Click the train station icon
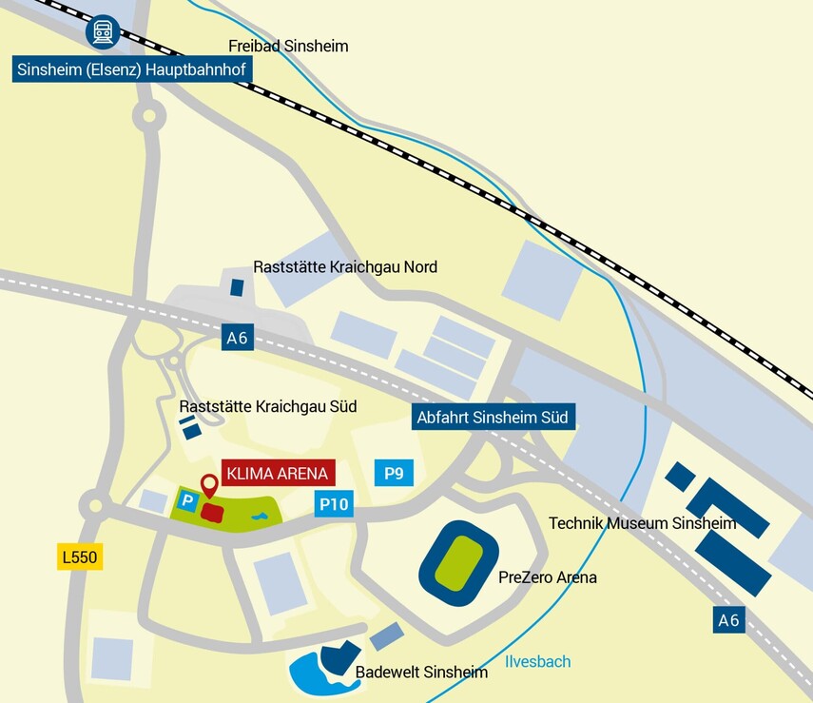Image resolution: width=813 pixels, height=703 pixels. tap(102, 31)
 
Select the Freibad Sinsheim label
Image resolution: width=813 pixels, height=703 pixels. tap(288, 46)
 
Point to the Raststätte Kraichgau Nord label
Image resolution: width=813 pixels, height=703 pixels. tap(345, 267)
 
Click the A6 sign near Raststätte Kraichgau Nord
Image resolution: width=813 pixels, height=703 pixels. tap(238, 337)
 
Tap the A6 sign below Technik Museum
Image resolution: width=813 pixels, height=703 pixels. tap(728, 620)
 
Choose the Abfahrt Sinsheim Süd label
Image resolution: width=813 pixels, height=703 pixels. tap(494, 418)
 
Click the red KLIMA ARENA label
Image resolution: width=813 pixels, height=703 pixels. tap(278, 473)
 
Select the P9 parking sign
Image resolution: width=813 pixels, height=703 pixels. tap(394, 472)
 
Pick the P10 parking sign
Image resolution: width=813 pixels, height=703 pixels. tap(334, 504)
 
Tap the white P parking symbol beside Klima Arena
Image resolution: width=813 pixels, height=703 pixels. tap(187, 500)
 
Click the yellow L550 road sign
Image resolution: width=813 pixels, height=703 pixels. tap(79, 557)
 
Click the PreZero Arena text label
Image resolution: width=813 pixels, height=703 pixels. tap(547, 577)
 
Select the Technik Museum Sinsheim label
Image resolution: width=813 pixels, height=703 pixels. tap(643, 523)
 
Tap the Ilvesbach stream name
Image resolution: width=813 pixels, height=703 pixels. tap(538, 661)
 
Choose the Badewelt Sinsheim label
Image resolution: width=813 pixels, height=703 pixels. tap(421, 673)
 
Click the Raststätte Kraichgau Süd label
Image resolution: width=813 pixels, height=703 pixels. tap(268, 407)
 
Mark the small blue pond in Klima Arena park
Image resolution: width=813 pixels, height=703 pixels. tap(259, 516)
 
